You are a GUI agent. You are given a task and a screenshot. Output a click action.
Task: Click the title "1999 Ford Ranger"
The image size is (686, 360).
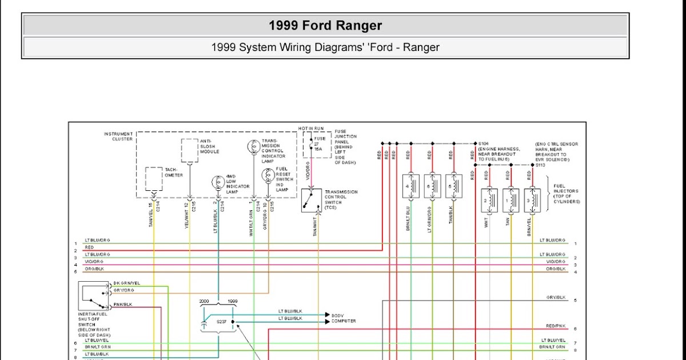(x=325, y=26)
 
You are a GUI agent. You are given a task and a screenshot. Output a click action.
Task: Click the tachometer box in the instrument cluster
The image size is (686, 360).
(x=154, y=179)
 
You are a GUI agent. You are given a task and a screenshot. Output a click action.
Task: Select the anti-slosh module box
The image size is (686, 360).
(x=190, y=150)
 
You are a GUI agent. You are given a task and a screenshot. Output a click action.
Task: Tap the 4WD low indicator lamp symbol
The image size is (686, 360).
(x=217, y=183)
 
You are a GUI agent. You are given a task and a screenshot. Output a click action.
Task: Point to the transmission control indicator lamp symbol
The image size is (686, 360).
(x=253, y=146)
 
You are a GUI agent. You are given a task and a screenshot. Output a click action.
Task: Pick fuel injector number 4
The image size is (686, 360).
(x=410, y=186)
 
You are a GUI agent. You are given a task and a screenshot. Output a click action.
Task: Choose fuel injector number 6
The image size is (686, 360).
(x=432, y=186)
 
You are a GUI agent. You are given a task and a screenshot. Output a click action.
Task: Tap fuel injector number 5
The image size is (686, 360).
(x=454, y=186)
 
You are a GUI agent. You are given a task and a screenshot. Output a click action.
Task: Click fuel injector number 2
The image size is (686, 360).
(x=489, y=201)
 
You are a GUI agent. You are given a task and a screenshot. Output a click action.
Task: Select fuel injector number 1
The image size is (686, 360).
(x=510, y=201)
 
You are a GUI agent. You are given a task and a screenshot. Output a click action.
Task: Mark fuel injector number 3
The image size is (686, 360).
(x=532, y=201)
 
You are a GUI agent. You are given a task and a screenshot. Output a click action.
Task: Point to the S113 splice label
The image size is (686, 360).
(x=541, y=165)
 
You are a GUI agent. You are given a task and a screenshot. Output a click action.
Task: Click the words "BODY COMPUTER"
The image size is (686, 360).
(x=344, y=318)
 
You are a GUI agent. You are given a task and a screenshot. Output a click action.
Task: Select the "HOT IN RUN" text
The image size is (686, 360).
(x=312, y=128)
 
